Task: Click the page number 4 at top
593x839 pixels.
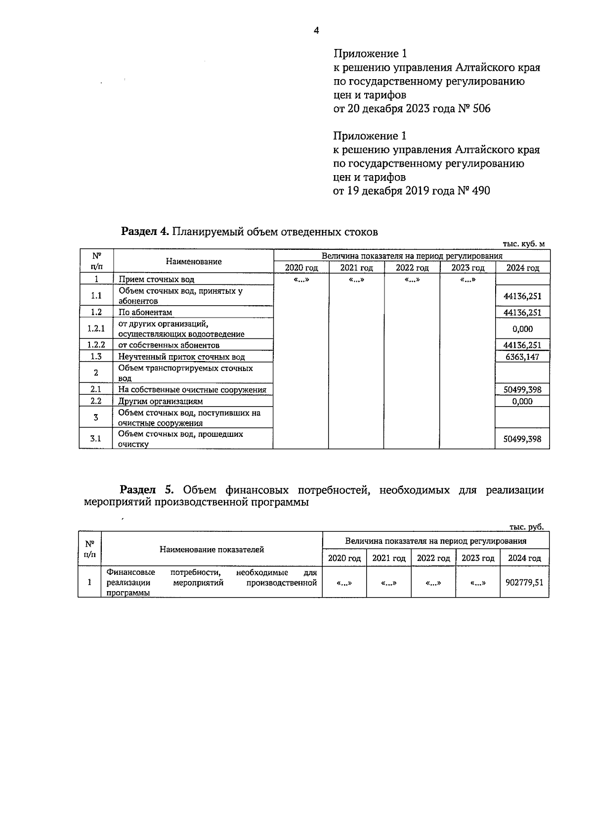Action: (x=316, y=31)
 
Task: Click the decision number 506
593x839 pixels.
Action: (x=481, y=109)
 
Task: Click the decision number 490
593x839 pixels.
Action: (x=481, y=191)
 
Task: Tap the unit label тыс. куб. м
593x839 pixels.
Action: (x=523, y=244)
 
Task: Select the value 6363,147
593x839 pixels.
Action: (x=522, y=357)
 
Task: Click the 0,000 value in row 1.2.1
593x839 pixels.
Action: (x=522, y=329)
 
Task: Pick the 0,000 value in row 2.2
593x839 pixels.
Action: (x=522, y=401)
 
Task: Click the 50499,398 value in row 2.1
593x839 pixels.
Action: (x=522, y=390)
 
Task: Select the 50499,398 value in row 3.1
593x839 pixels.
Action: (x=522, y=439)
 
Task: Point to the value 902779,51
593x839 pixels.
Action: (x=524, y=582)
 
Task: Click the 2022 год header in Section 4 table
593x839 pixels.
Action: (x=412, y=268)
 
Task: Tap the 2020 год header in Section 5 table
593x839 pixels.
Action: (x=344, y=559)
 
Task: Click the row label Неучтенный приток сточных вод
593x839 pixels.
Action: (x=181, y=357)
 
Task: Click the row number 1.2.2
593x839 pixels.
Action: (x=96, y=345)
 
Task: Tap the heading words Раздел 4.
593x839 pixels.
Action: (x=145, y=232)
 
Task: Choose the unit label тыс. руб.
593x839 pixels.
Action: (x=527, y=527)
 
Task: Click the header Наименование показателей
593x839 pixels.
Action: (x=212, y=550)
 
